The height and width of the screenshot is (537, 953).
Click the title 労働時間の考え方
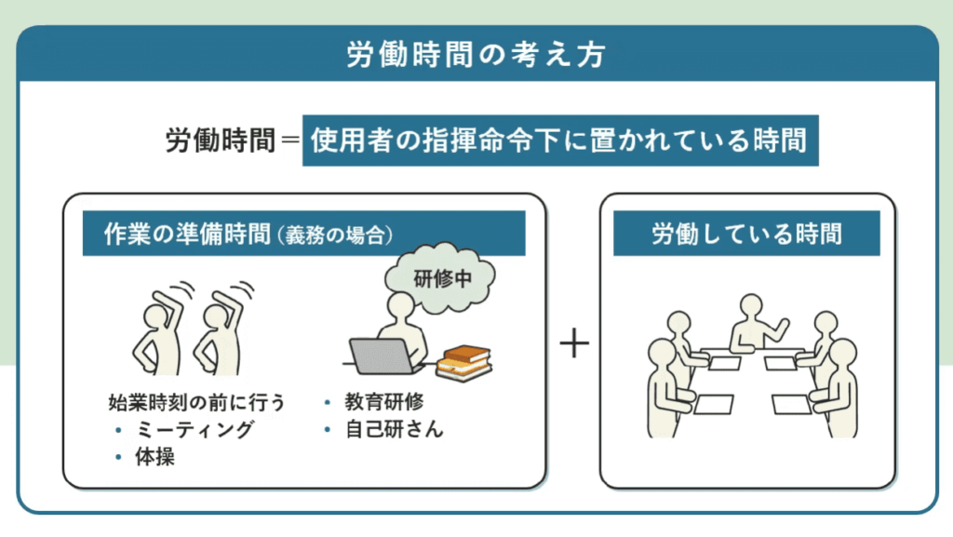coord(476,55)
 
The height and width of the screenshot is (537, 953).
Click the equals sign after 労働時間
coord(289,141)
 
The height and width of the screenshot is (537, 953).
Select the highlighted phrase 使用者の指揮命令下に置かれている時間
coord(559,141)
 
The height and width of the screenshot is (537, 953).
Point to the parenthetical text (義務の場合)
coord(331,235)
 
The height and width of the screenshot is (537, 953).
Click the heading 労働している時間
coord(746,234)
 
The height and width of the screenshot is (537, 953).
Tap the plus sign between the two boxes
coord(575,344)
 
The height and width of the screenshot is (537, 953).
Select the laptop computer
coord(383,356)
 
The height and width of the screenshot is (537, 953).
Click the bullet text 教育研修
coord(384,402)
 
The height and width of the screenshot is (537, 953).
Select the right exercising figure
coord(219,335)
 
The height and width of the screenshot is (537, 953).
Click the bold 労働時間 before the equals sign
coord(221,141)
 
